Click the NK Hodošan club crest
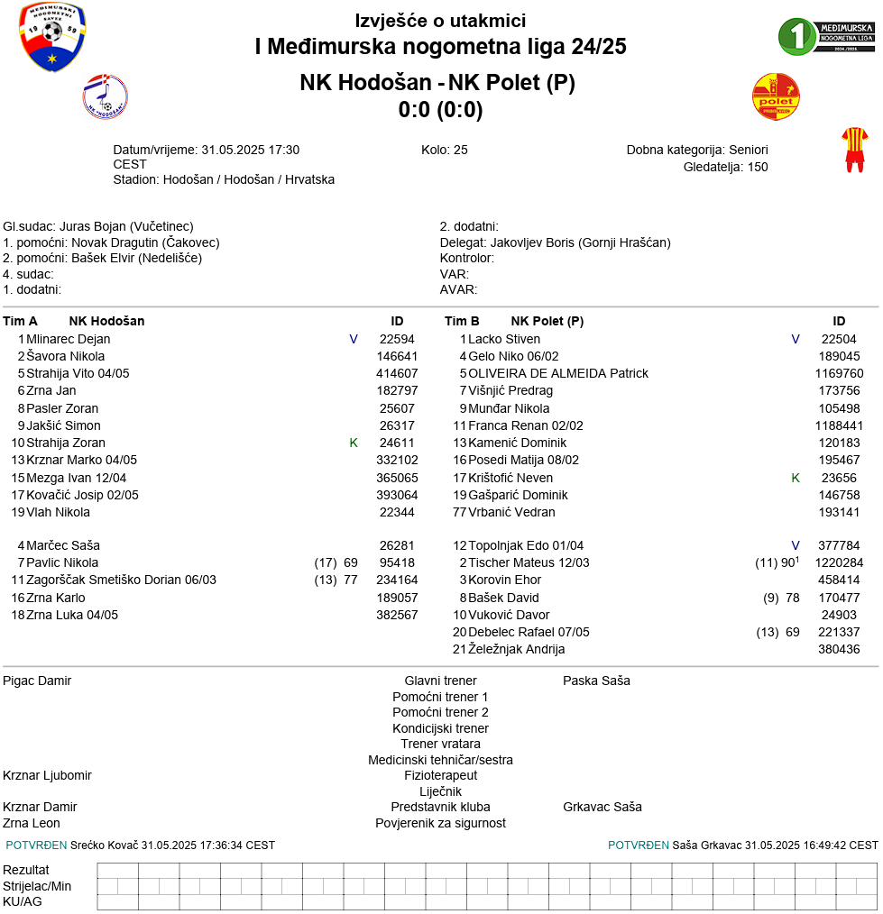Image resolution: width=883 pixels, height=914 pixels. tap(105, 97)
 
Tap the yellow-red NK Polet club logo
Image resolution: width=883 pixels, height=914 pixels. tap(776, 97)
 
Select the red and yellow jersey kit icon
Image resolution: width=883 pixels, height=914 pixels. tap(854, 149)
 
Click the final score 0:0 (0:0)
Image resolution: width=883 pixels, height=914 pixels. tap(440, 110)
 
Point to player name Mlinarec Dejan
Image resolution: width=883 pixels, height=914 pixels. tap(69, 339)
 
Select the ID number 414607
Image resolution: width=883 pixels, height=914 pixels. tap(397, 373)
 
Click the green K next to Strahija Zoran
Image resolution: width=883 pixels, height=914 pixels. tap(354, 443)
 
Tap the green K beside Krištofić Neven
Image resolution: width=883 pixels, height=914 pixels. tap(796, 478)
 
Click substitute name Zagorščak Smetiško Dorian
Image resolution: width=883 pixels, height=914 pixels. tap(121, 580)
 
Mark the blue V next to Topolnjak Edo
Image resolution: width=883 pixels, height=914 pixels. tap(796, 545)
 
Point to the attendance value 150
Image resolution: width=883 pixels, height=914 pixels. tap(758, 167)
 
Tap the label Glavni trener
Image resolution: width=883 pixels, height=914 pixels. tap(440, 681)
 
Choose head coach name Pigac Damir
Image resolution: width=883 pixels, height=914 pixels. tap(37, 681)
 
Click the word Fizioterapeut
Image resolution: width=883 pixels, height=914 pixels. tap(440, 775)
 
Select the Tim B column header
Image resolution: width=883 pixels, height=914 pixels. tap(462, 321)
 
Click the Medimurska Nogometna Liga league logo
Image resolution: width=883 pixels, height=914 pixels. tap(826, 36)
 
